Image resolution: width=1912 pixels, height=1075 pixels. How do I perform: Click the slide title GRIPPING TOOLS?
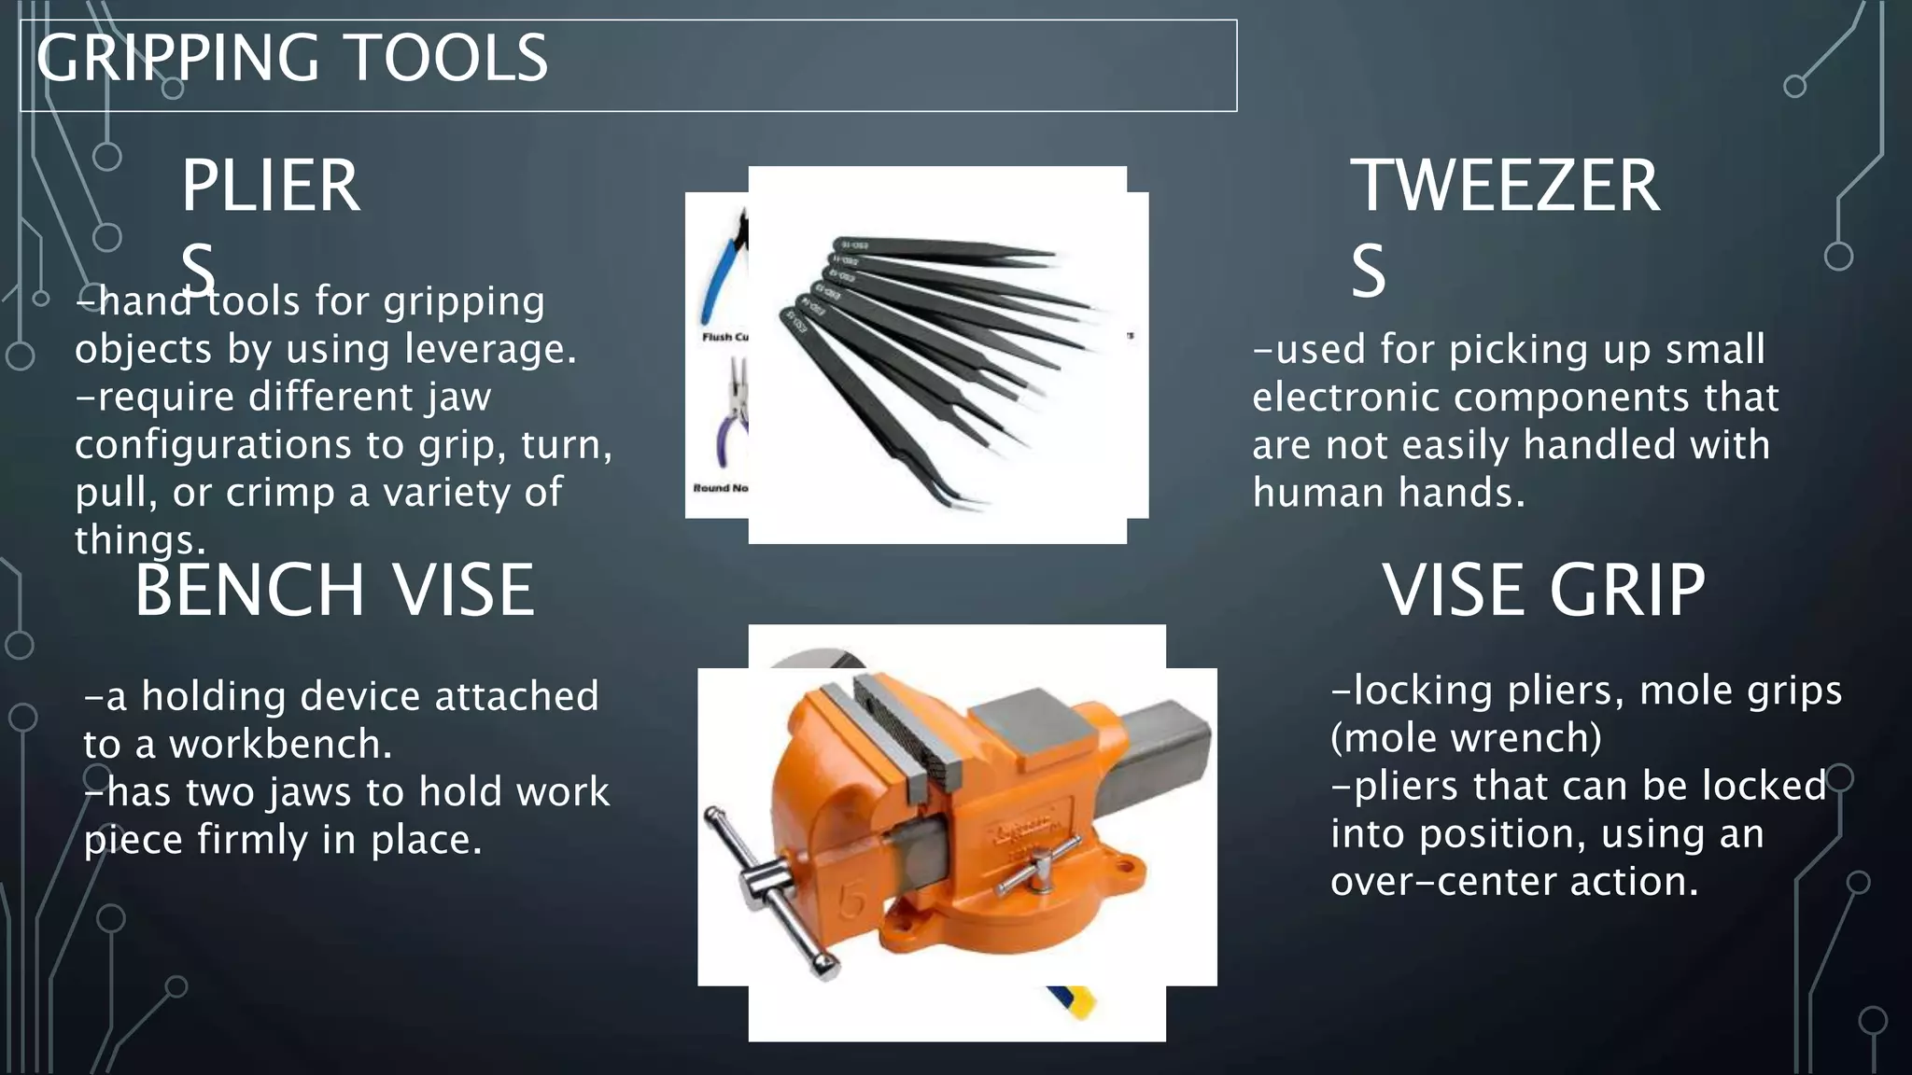[292, 58]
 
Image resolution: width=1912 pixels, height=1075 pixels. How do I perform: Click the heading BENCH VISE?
[334, 590]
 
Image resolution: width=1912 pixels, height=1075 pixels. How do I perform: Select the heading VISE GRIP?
[1543, 590]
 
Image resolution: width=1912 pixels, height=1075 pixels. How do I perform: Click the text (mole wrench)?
[1466, 738]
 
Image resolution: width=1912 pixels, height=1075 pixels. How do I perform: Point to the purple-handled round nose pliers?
[728, 420]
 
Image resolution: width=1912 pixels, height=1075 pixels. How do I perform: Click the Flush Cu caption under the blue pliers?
[724, 337]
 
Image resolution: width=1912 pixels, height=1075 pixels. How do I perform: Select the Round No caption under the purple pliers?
[720, 488]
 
